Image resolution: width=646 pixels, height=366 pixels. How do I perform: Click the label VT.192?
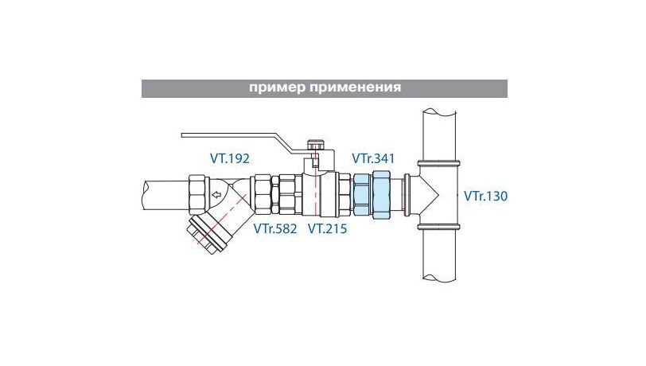[x=230, y=158]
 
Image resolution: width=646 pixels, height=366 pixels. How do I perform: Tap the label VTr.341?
[x=373, y=158]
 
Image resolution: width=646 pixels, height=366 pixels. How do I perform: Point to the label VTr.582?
[x=274, y=229]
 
